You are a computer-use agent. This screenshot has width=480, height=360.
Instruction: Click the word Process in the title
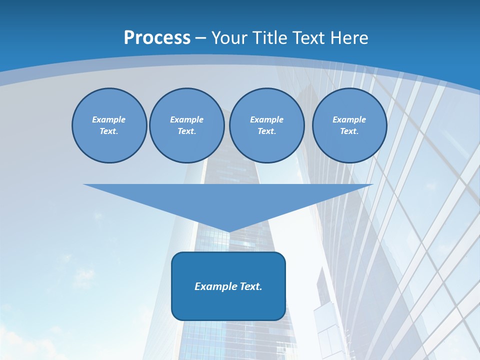(x=157, y=38)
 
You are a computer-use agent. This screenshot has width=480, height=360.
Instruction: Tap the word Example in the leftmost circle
(x=109, y=119)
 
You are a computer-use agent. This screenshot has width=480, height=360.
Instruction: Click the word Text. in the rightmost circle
(x=349, y=131)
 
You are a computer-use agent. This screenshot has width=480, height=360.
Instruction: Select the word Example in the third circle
(x=267, y=119)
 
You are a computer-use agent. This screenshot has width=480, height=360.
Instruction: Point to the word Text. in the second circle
(x=187, y=131)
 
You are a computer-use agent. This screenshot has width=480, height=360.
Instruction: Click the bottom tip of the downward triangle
(x=229, y=231)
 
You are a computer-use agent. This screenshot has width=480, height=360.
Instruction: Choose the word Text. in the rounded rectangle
(x=251, y=286)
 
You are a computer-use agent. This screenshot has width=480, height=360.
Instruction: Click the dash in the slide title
(x=201, y=38)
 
